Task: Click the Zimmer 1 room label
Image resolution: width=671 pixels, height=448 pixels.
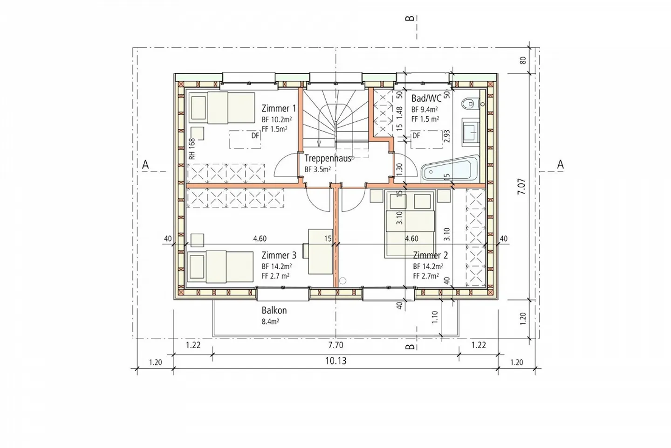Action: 279,109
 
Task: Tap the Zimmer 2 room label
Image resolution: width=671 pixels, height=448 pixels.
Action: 430,255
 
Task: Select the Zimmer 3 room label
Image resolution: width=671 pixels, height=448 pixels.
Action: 279,255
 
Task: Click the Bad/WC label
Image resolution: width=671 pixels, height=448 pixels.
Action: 426,98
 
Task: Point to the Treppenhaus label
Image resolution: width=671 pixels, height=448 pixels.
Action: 328,158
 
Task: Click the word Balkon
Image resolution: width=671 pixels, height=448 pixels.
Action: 274,310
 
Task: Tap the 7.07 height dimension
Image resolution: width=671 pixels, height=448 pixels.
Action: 522,186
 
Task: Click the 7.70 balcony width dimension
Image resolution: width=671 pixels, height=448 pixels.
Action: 335,345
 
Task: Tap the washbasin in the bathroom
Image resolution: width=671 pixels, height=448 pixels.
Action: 470,130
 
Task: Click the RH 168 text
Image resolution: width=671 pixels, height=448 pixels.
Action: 192,149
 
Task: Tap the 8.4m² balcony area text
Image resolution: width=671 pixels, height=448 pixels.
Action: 270,322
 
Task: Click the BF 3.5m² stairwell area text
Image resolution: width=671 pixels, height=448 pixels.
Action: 317,169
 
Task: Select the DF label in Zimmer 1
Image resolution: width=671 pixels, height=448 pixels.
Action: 255,136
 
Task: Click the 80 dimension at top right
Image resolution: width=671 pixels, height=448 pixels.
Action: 522,60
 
